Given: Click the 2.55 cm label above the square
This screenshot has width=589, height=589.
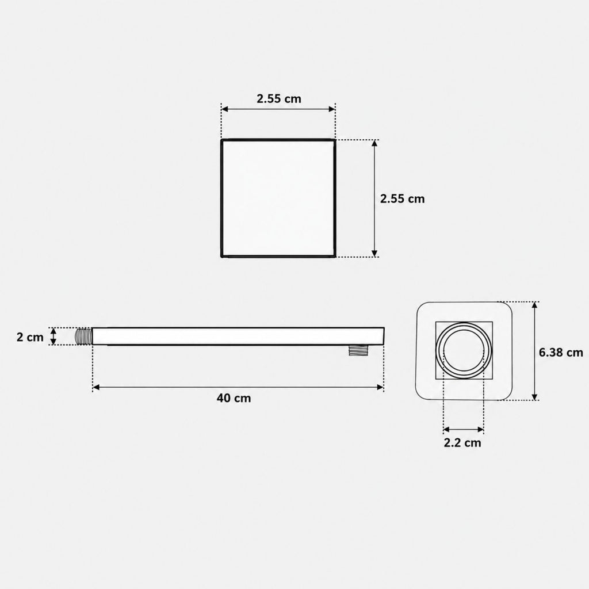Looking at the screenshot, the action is [279, 99].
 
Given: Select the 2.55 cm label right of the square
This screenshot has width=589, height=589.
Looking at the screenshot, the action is [402, 198].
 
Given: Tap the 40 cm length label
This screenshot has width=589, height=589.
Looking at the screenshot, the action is [234, 398].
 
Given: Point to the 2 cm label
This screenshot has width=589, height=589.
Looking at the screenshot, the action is [30, 337].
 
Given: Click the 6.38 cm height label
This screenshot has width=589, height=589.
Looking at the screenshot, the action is [561, 353].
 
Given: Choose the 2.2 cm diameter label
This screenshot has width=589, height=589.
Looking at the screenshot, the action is [462, 443].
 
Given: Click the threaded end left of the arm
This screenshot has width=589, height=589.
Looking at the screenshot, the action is [84, 336].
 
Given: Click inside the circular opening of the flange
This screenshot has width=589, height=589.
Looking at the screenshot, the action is [464, 350].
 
